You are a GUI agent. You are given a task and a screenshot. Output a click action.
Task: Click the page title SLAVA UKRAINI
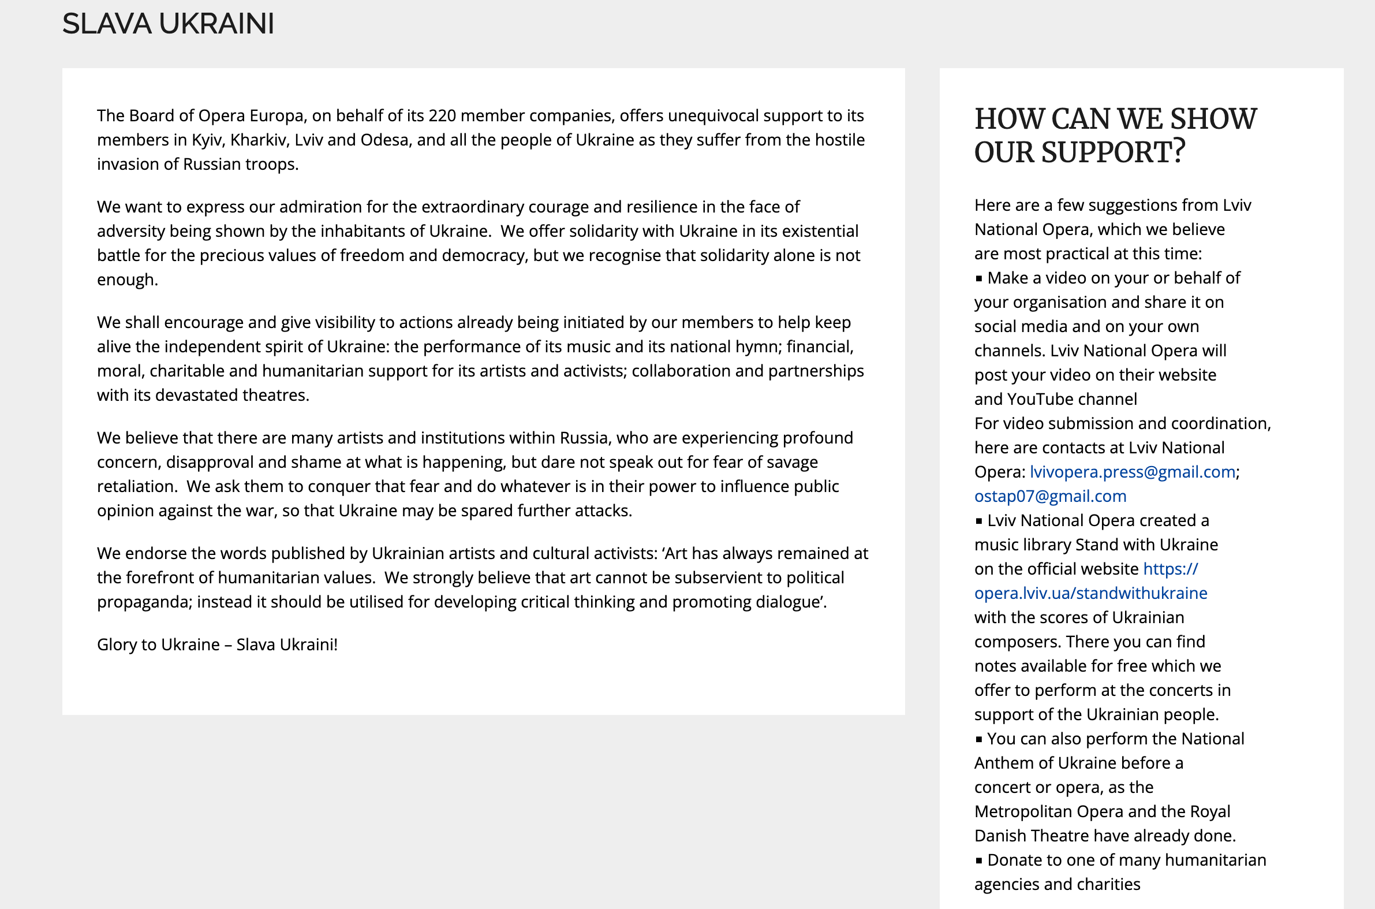click(x=168, y=24)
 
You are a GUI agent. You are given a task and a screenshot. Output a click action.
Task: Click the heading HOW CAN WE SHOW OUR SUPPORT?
click(x=1115, y=136)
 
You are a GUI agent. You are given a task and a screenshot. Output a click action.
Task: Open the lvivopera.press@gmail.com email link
click(x=1132, y=472)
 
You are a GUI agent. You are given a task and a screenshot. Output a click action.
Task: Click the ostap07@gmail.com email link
click(x=1050, y=496)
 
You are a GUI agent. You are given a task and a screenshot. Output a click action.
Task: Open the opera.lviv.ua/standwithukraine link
click(x=1090, y=593)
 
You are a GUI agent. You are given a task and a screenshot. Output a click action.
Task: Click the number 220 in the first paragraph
click(x=442, y=116)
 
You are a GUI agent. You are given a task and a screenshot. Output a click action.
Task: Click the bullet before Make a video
click(x=978, y=279)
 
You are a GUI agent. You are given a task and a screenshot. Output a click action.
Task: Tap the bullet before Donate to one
click(x=978, y=861)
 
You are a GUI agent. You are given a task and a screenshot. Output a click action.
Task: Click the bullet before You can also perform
click(x=978, y=740)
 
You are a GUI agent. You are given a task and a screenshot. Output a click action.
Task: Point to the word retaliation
click(x=136, y=487)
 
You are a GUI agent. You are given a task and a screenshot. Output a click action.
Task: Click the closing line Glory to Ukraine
click(x=216, y=645)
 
